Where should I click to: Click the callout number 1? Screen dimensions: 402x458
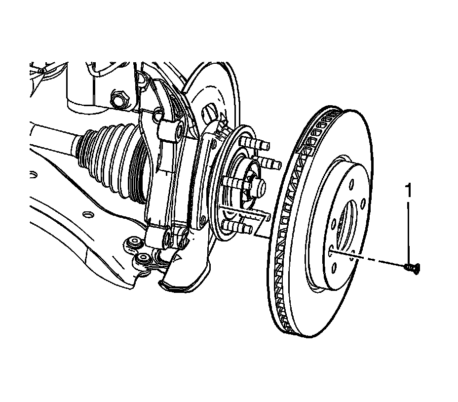(408, 190)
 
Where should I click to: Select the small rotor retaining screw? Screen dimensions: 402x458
(412, 268)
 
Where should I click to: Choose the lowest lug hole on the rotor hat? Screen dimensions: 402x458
(336, 267)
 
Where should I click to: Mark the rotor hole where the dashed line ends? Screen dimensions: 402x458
(329, 251)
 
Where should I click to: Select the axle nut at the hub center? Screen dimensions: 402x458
(257, 186)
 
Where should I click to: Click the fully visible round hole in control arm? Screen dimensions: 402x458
(87, 214)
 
